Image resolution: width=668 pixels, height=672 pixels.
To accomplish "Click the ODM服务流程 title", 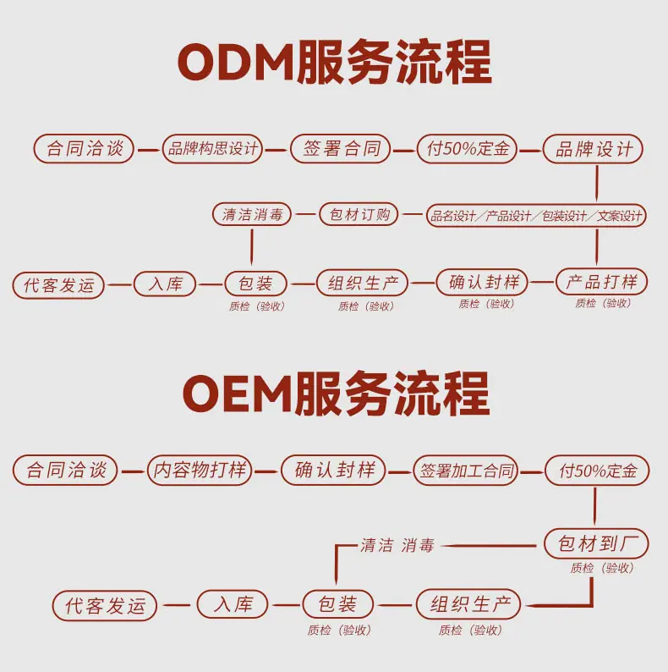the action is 335,62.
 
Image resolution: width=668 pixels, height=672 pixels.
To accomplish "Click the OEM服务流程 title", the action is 337,394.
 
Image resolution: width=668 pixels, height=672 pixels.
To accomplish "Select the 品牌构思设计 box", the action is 212,149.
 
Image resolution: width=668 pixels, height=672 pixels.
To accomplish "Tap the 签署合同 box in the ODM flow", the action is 341,149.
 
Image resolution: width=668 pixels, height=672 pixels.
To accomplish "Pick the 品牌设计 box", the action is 593,149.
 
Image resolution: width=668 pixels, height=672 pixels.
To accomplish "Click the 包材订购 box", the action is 359,214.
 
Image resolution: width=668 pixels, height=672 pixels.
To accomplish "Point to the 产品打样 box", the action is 601,282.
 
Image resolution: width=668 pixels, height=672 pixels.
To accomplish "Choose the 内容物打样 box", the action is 200,470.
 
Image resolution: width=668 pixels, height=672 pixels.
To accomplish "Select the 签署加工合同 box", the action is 466,470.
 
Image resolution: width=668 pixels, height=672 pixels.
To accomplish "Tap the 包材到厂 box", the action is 596,543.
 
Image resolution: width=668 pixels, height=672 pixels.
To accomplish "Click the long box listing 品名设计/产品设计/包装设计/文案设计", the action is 536,215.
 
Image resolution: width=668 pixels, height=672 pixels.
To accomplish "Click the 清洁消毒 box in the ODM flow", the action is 252,214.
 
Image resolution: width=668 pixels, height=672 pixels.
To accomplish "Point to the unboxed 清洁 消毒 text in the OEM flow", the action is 397,546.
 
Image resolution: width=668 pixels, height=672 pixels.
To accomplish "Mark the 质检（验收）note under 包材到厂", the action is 602,568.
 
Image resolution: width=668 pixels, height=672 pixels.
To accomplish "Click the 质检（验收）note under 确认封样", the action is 486,304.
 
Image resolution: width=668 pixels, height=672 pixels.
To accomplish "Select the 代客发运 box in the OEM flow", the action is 105,606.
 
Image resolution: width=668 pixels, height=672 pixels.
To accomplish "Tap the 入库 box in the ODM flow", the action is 165,284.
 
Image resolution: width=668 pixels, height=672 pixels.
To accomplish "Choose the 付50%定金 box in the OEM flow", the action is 597,470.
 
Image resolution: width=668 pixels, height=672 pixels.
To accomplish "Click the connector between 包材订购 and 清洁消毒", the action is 305,214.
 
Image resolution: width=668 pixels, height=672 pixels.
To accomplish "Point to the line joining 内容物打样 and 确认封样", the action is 266,471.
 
